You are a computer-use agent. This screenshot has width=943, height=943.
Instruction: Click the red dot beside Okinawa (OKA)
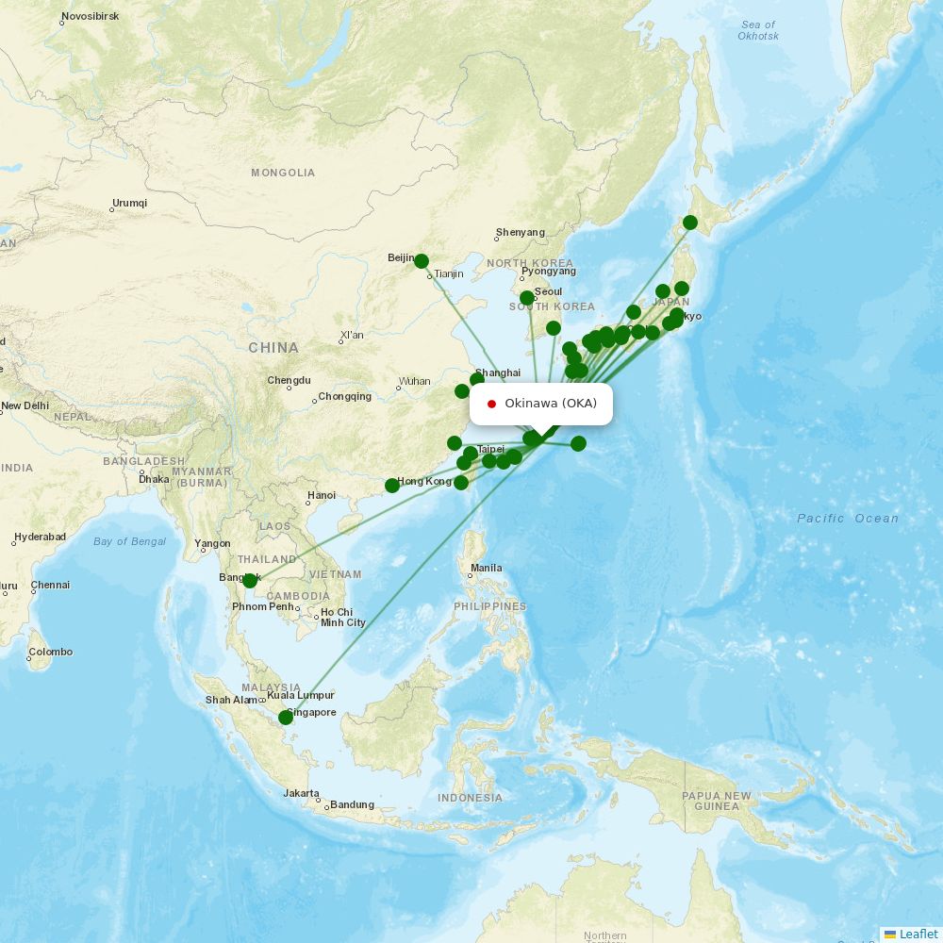click(x=491, y=404)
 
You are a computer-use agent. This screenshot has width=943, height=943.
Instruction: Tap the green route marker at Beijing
click(x=422, y=261)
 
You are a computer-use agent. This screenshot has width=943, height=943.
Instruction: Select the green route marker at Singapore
click(x=286, y=718)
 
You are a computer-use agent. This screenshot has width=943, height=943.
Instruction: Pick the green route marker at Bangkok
click(x=250, y=581)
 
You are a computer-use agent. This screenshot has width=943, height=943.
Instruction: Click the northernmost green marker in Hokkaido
click(x=690, y=223)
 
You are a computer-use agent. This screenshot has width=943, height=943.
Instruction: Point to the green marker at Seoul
click(x=527, y=298)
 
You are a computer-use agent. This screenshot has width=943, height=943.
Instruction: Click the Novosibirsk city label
click(x=90, y=17)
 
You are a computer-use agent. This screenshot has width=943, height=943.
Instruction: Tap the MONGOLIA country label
click(x=283, y=173)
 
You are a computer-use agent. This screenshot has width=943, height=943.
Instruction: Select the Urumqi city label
click(x=130, y=203)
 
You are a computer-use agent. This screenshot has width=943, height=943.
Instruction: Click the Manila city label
click(x=487, y=568)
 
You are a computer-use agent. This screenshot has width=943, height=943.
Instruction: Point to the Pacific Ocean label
click(x=848, y=518)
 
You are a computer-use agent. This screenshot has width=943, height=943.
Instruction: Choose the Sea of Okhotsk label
click(x=758, y=30)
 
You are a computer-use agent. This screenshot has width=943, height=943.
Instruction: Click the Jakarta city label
click(x=301, y=793)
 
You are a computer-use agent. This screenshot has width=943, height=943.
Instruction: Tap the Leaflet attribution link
click(x=918, y=934)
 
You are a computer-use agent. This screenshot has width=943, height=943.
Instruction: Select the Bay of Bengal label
click(x=130, y=541)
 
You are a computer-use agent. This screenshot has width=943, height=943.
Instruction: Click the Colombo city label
click(x=50, y=652)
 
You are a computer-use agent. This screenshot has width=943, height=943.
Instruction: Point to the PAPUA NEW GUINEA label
click(x=717, y=801)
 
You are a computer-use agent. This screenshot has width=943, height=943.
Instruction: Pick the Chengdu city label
click(x=289, y=380)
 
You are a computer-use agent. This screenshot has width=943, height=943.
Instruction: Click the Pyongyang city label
click(x=548, y=271)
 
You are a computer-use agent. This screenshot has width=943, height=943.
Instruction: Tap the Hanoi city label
click(x=321, y=495)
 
